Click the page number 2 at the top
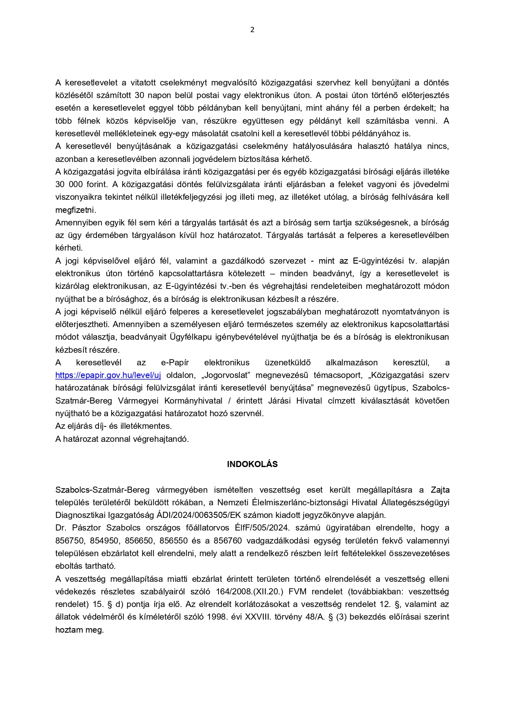click(x=252, y=30)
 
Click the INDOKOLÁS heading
click(x=252, y=464)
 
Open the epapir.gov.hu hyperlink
click(x=108, y=375)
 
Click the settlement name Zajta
click(x=440, y=490)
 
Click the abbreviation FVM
click(x=297, y=592)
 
